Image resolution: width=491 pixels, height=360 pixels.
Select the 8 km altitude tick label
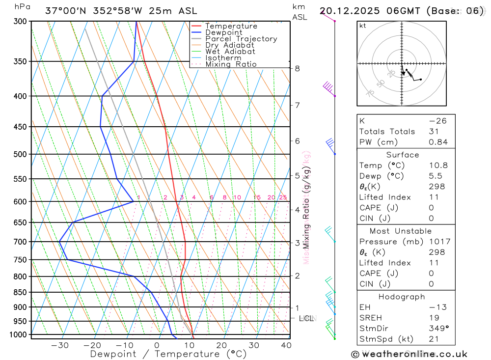(x=298, y=68)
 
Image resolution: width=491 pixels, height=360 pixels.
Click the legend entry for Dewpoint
(x=224, y=32)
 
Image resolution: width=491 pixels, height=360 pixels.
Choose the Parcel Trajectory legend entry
(x=241, y=39)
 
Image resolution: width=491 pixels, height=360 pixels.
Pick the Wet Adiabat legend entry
(x=230, y=52)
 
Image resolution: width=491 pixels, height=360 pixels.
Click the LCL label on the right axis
(x=306, y=318)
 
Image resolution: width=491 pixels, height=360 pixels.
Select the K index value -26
(x=438, y=121)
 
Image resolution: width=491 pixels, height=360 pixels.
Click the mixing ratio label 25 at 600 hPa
(x=283, y=197)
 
